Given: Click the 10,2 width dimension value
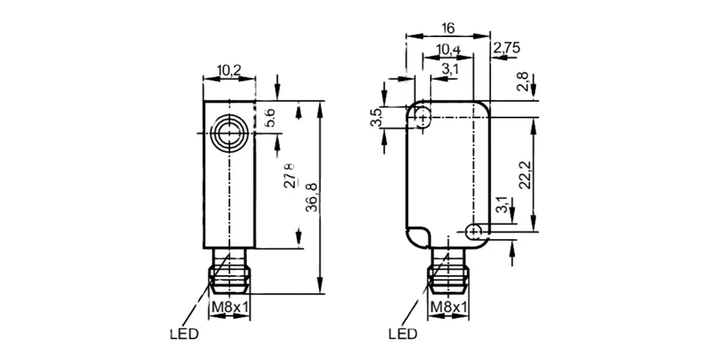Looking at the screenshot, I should point(228,70).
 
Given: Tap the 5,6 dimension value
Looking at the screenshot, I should point(270,117).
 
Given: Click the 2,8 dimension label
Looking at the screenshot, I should point(523,82).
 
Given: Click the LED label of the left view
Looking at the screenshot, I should point(184,334).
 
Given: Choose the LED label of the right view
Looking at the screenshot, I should point(402,334).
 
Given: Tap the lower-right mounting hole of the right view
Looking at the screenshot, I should point(474,231).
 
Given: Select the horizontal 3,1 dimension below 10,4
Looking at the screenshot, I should point(449,69).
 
